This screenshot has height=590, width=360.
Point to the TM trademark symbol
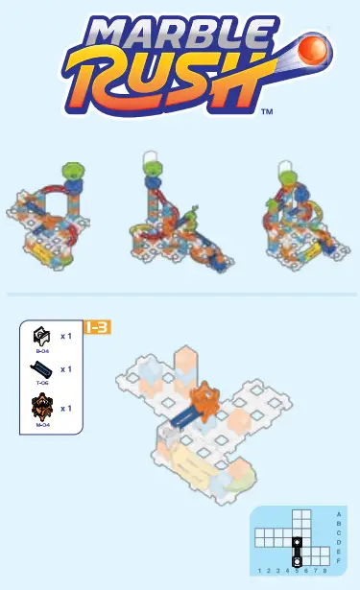[267, 112]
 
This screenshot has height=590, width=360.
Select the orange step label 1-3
[98, 327]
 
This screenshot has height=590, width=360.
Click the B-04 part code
[42, 352]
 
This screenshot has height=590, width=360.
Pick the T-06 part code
[42, 382]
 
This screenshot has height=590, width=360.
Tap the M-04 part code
[42, 423]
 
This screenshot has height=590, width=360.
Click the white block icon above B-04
[42, 337]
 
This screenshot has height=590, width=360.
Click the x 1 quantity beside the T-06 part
[66, 368]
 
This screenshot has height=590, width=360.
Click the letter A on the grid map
[339, 514]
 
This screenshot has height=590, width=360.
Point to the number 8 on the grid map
[324, 570]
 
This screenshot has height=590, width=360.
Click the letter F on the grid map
[339, 560]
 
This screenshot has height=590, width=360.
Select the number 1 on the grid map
[260, 570]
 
